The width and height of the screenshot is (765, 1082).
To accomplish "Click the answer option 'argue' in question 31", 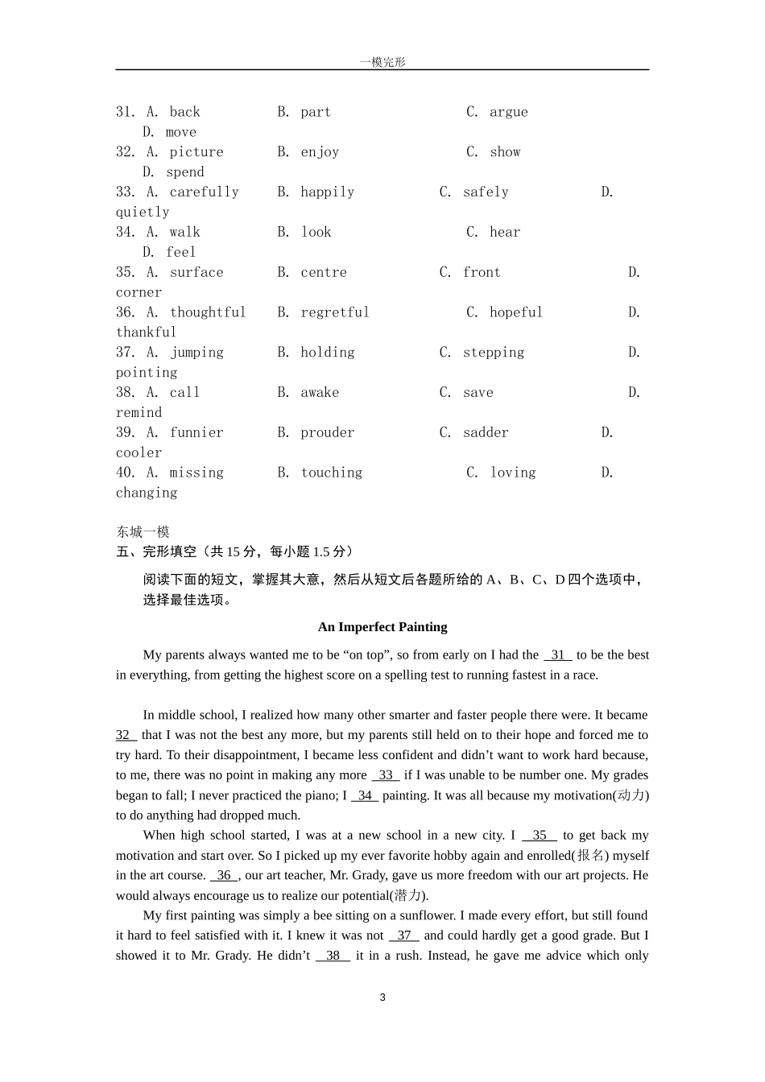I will [508, 112].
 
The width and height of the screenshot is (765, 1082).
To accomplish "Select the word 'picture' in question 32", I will [196, 152].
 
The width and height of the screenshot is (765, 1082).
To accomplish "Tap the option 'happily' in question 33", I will [327, 192].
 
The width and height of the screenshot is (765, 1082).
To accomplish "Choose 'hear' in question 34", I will [505, 233].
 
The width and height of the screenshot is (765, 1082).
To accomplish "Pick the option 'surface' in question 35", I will [196, 273].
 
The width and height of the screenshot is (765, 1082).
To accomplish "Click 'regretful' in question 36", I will [334, 312].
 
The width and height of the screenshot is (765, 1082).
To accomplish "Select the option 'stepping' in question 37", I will [493, 353].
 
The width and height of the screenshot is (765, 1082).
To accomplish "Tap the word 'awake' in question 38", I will [320, 393].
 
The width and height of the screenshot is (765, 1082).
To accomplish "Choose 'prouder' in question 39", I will [327, 433].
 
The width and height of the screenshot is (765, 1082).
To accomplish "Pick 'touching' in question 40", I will [331, 473].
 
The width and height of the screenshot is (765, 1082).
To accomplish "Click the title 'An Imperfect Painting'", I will [382, 627].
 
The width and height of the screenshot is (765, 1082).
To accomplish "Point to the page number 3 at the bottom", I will [382, 997].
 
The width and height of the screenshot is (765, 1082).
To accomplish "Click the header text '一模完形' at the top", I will [382, 62].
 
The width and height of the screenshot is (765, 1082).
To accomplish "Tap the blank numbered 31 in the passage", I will [557, 655].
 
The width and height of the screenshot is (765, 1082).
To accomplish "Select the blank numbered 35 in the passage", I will [539, 836].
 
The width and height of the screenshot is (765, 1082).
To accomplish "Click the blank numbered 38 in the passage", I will [333, 956].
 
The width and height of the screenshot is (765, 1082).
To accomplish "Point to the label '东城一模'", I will [143, 531].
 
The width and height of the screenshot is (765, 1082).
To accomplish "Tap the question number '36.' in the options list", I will [126, 312].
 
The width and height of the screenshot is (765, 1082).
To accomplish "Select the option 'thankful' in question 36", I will [146, 332].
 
